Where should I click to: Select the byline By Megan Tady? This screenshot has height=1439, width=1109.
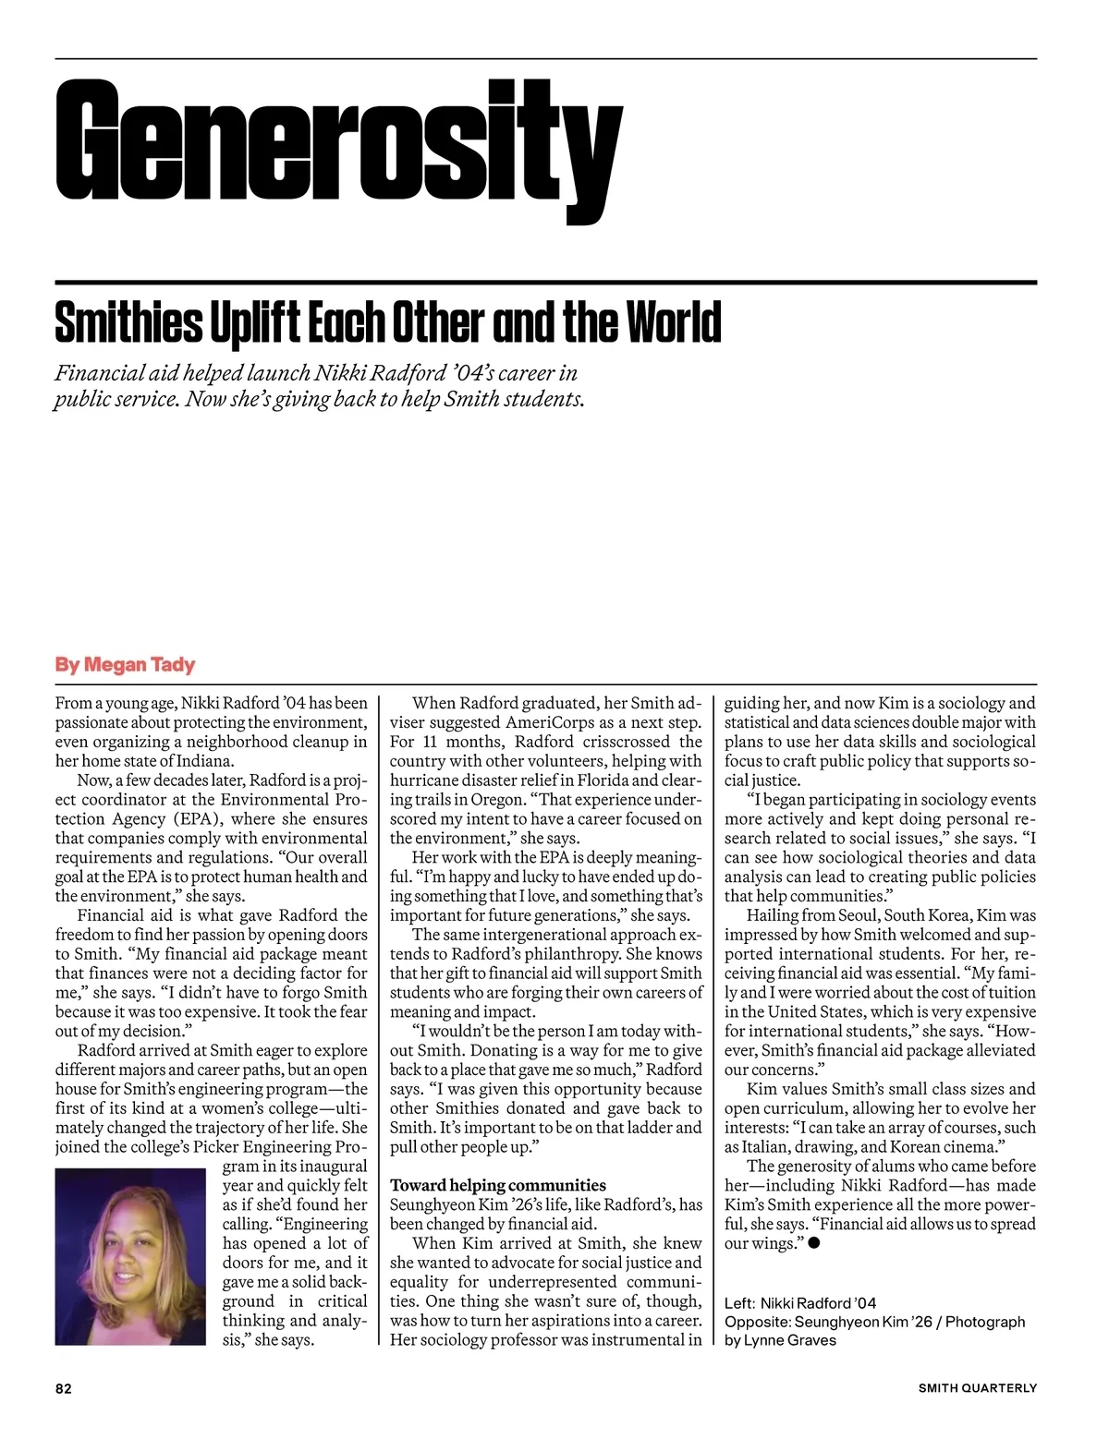tap(125, 665)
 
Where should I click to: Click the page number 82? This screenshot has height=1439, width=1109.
tap(64, 1388)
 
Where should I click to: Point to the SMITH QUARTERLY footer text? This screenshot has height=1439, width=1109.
tap(977, 1388)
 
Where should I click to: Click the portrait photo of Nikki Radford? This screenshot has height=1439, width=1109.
tap(130, 1256)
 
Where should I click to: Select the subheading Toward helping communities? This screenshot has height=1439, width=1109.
tap(498, 1186)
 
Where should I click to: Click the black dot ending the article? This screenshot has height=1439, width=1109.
tap(814, 1243)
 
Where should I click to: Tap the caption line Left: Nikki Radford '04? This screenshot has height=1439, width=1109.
tap(800, 1303)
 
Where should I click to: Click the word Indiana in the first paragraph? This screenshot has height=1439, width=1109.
tap(207, 761)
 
